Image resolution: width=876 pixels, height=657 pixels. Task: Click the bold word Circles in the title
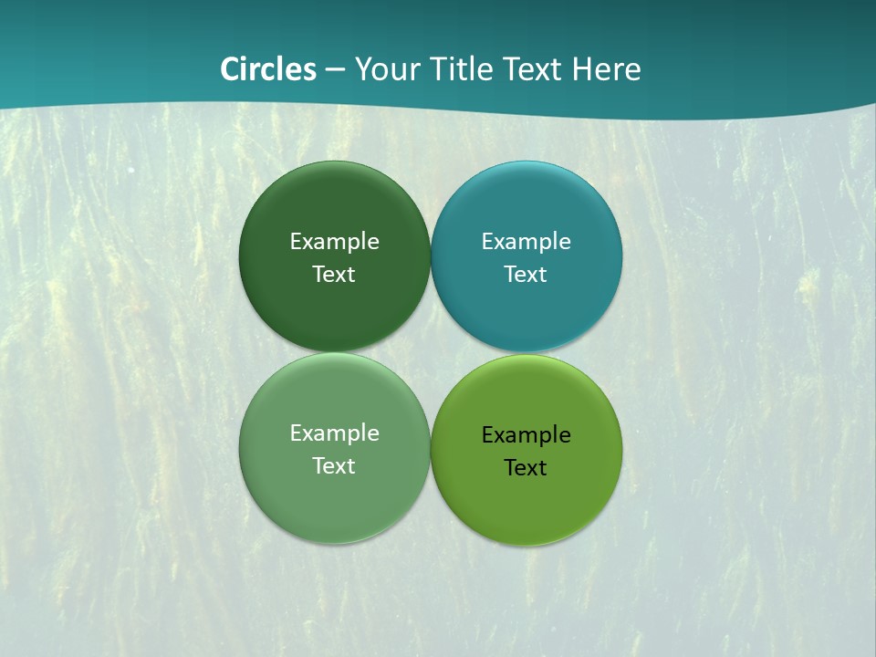coord(268,69)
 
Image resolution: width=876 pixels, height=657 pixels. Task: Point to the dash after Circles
coord(336,70)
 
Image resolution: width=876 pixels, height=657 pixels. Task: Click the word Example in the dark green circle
coord(335,242)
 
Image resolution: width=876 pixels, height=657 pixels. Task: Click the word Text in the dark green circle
coord(334,275)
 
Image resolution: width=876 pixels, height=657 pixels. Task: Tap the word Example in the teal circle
coord(527,242)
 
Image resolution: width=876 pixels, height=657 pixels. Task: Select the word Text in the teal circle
coord(526,275)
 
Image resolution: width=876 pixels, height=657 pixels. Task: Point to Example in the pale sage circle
coord(335,433)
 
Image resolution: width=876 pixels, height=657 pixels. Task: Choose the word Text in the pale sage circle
coord(334,466)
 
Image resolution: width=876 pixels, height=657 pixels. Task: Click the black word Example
coord(527,435)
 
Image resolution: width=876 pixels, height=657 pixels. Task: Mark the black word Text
coord(526,468)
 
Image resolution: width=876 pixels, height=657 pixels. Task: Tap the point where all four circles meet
coord(431,352)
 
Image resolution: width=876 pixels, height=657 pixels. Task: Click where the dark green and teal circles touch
coord(431,256)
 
